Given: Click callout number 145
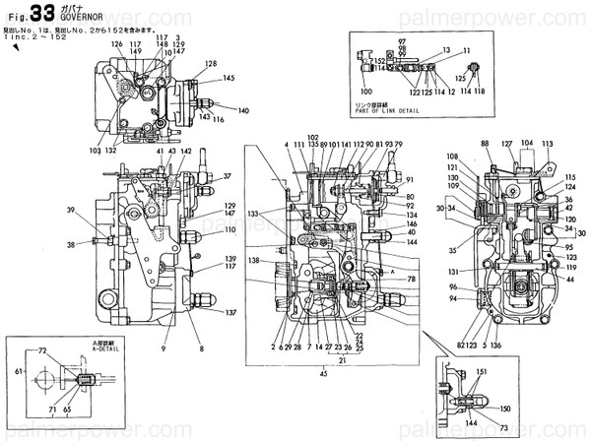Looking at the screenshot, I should click(228, 78).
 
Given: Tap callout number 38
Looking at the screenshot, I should click(70, 244).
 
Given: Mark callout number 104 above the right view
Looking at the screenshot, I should click(526, 142).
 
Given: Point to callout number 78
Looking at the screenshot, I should click(412, 280).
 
